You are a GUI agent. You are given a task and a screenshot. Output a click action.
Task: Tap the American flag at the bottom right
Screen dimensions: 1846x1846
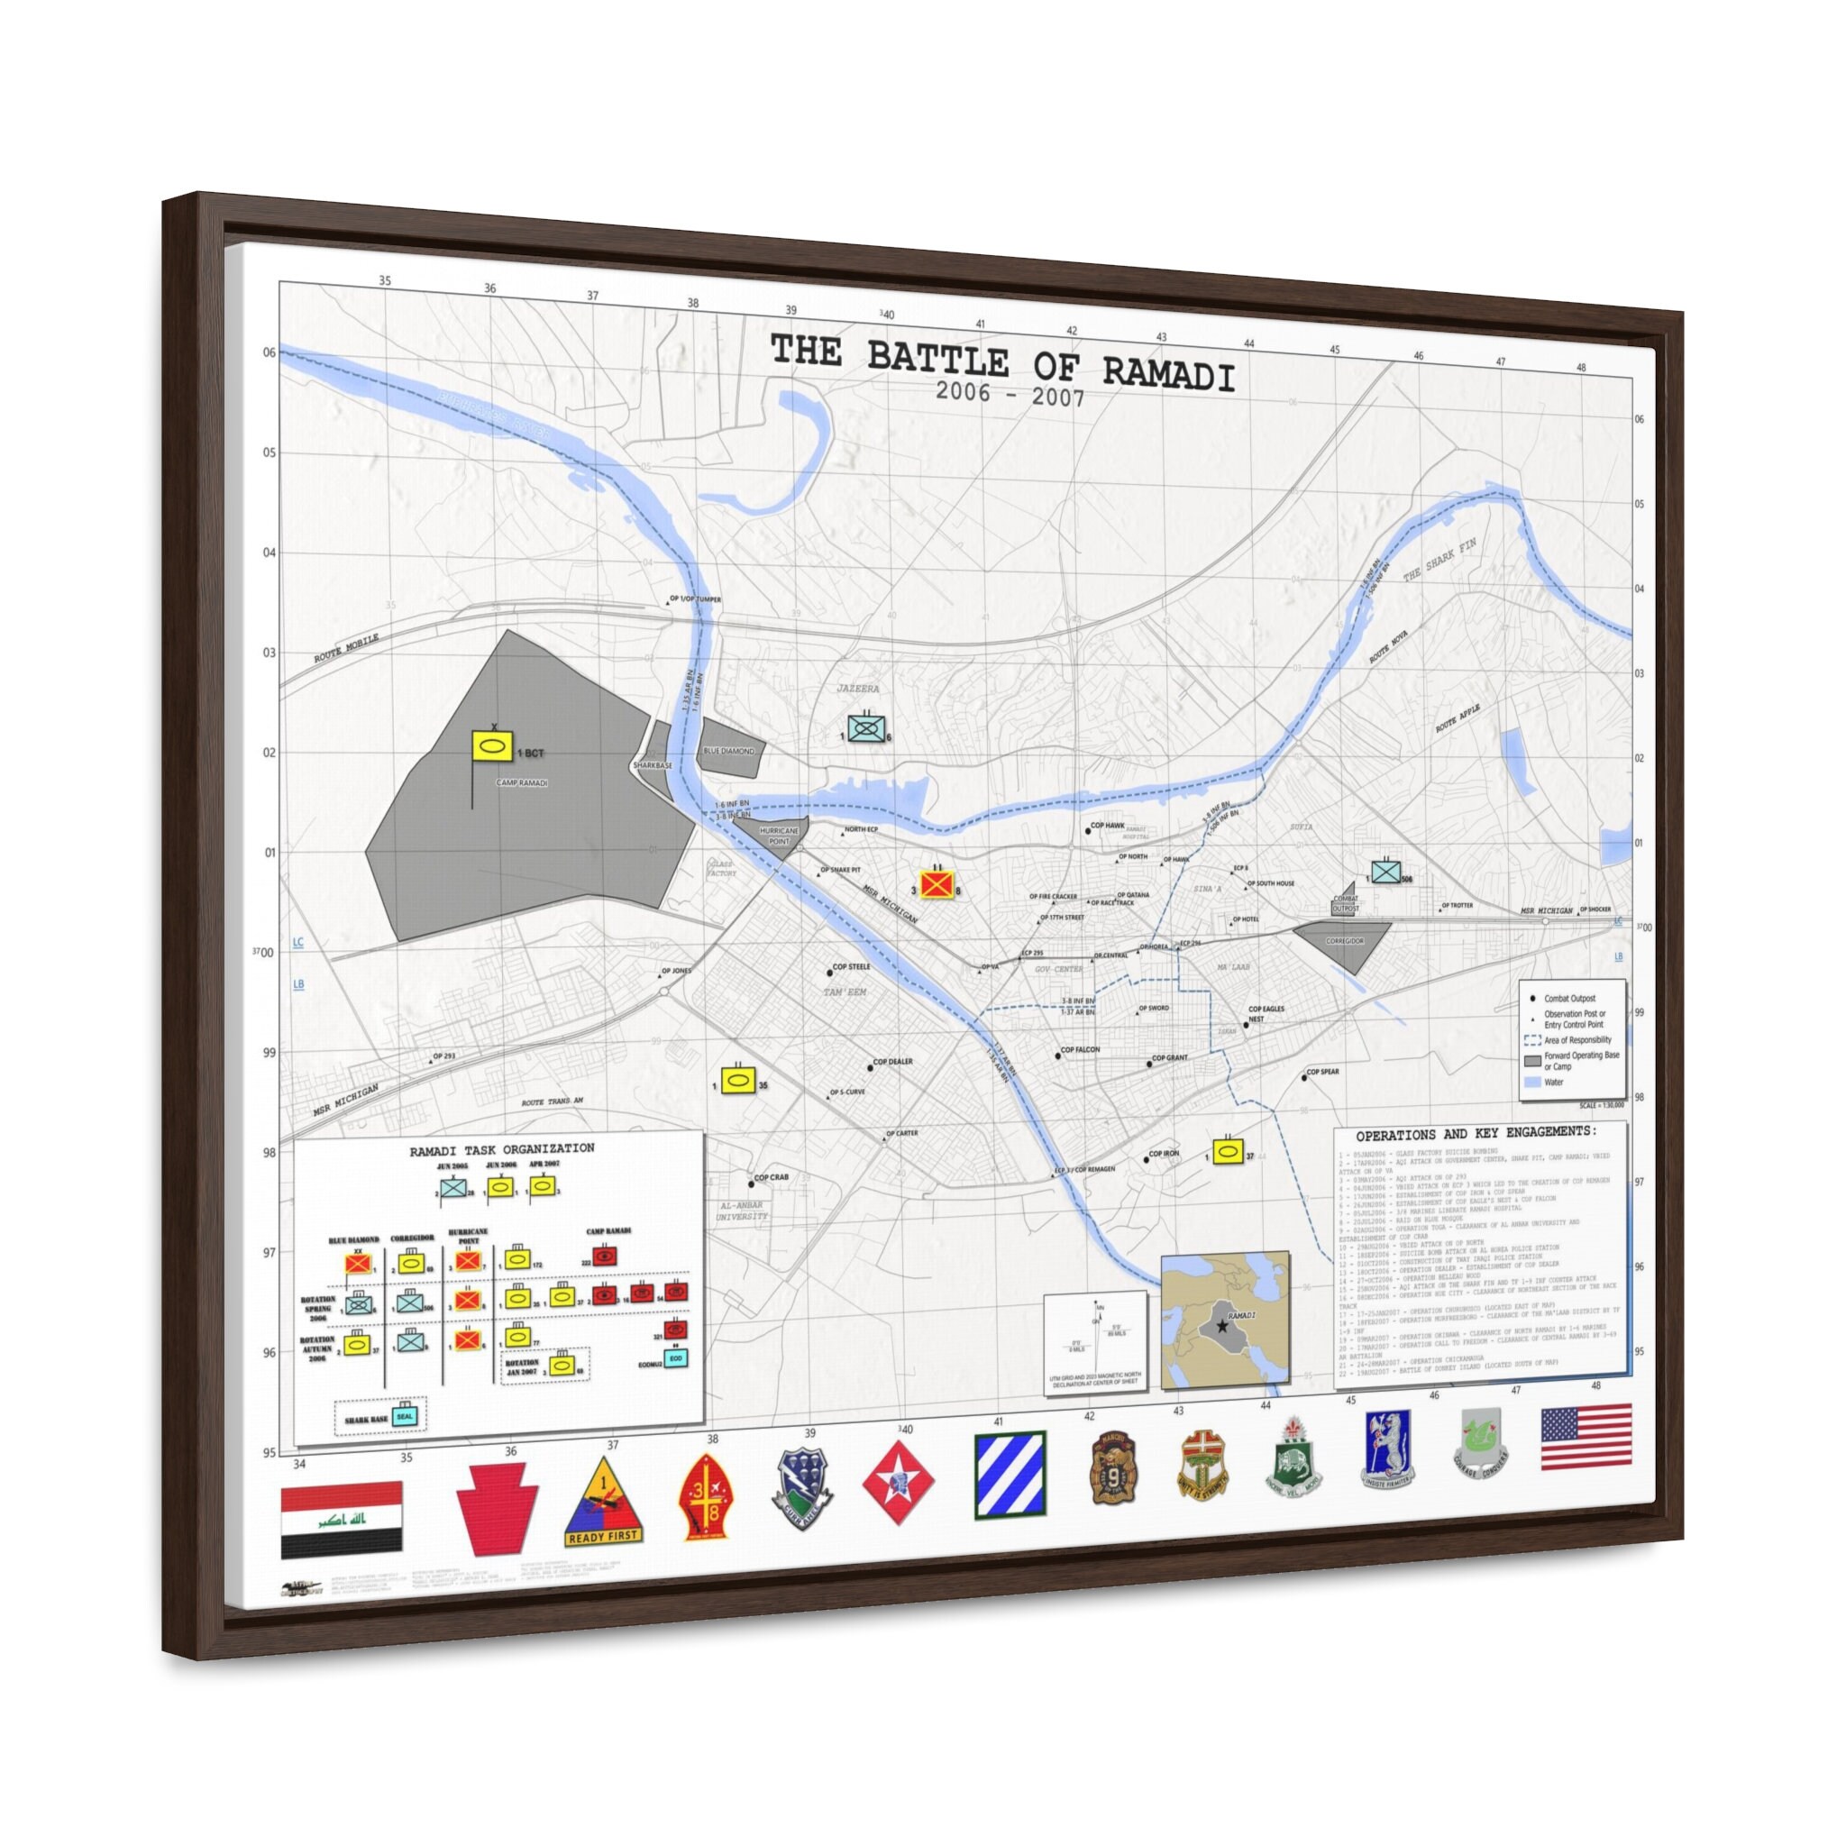pos(1586,1436)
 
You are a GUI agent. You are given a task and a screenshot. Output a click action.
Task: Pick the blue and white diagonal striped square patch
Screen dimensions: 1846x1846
pos(1010,1475)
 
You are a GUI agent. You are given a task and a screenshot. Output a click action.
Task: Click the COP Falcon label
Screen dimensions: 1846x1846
pos(1080,1049)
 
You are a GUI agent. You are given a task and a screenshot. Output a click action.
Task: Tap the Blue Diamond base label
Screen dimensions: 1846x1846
pos(729,751)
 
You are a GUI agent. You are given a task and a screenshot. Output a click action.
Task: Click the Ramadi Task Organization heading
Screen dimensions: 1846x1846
pos(502,1148)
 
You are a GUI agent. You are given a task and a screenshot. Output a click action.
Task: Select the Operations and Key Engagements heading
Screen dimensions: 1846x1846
pos(1476,1133)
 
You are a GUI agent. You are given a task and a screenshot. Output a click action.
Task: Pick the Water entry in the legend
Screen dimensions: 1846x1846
pos(1554,1083)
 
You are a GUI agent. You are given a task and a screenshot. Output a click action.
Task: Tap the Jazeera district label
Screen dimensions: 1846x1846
pos(857,688)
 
